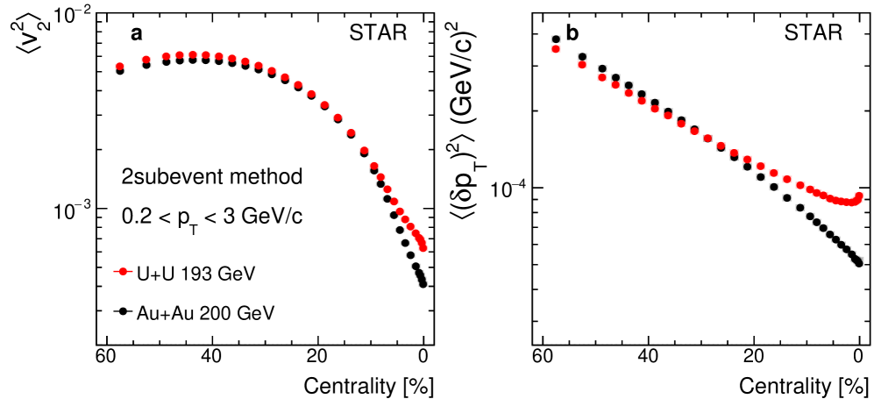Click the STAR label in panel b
tap(813, 35)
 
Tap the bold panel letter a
tap(137, 34)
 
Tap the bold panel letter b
tap(572, 34)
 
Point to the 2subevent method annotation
tap(212, 176)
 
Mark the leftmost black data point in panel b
tap(555, 39)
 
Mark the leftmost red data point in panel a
tap(120, 67)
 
